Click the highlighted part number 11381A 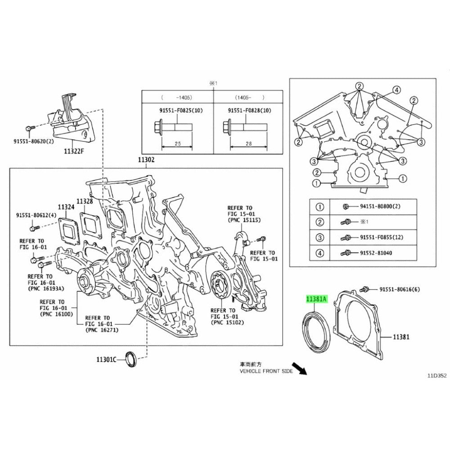click(317, 298)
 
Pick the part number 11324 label click(65, 207)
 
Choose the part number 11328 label click(84, 201)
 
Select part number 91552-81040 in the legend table click(376, 253)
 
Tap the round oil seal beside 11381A click(313, 331)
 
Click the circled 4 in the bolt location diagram click(396, 90)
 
